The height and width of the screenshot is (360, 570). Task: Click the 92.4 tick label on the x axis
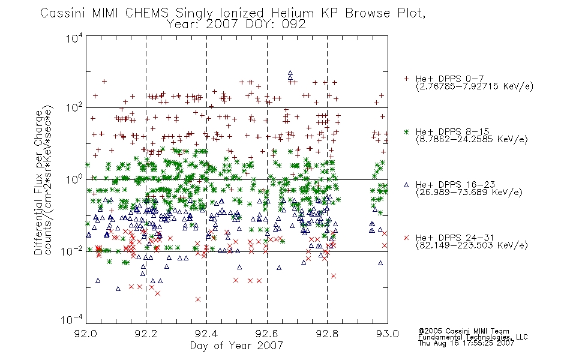(x=206, y=334)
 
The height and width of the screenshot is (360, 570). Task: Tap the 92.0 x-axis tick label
(x=86, y=334)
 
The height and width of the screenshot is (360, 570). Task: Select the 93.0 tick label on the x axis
(x=388, y=334)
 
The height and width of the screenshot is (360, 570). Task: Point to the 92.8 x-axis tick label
(x=327, y=334)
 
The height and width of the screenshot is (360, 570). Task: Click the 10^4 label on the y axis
(x=75, y=38)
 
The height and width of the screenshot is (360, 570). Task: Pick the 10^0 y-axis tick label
(x=75, y=179)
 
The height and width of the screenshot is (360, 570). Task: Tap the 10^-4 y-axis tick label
(x=73, y=320)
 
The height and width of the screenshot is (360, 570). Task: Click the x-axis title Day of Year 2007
(x=236, y=346)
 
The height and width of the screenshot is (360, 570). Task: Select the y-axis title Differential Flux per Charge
(x=38, y=182)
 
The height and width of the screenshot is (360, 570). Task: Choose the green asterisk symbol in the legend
(x=406, y=131)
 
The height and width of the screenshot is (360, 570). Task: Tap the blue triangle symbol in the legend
(x=406, y=185)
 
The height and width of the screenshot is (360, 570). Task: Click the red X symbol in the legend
(x=406, y=238)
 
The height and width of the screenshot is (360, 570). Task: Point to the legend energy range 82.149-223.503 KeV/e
(x=472, y=245)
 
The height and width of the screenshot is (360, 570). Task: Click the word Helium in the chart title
(x=293, y=13)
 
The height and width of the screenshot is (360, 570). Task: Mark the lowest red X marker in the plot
(x=198, y=299)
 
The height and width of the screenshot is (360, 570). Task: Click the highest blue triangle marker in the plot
(x=290, y=73)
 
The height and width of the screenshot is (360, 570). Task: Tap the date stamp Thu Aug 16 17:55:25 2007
(x=466, y=343)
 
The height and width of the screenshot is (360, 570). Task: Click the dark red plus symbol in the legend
(x=406, y=79)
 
